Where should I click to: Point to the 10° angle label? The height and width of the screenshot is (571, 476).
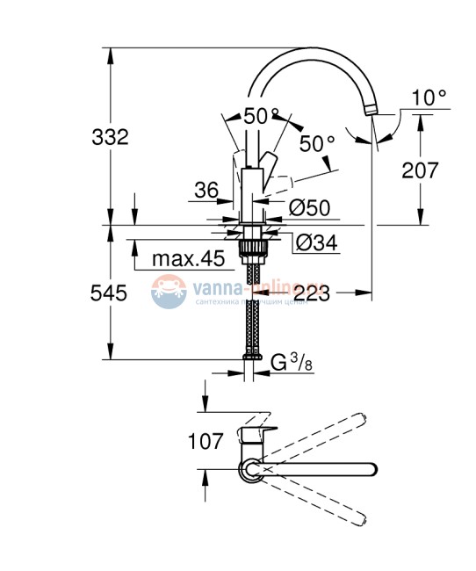pos(429,98)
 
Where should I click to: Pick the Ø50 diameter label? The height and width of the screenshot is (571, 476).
pos(308,207)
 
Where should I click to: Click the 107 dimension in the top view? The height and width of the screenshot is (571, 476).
pos(206,441)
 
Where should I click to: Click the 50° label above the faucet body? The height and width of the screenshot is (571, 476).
pos(261,115)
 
